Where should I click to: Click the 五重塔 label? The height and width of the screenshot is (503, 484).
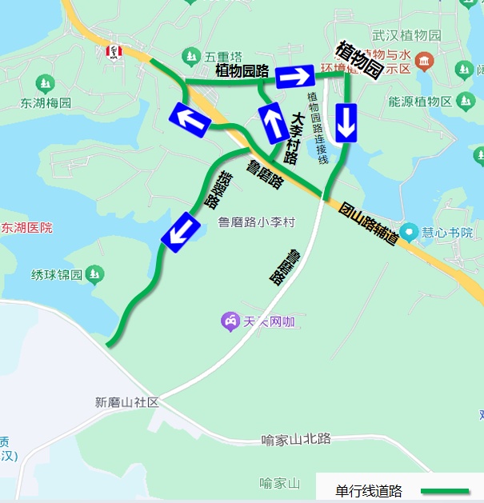(x=223, y=57)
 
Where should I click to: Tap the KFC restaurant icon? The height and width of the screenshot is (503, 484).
(x=114, y=53)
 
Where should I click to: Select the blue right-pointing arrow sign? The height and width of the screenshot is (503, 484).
(x=294, y=77)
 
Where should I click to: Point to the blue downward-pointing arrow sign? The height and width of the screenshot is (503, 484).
(x=346, y=122)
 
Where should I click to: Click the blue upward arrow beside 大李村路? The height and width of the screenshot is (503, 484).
(x=274, y=123)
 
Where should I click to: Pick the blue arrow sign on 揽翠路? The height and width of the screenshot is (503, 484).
(x=180, y=232)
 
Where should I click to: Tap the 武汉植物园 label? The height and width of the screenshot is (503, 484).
(x=406, y=35)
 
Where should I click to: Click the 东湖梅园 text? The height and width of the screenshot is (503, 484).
(x=46, y=103)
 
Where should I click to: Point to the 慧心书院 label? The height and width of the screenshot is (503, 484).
(x=449, y=232)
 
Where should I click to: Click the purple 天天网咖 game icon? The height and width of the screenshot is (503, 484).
(x=230, y=321)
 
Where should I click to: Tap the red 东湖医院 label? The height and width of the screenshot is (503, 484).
(x=26, y=228)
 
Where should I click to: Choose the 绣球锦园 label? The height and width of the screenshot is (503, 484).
(x=57, y=275)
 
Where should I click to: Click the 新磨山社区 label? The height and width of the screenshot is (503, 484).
(x=127, y=402)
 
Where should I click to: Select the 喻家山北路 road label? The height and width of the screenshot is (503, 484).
(x=295, y=439)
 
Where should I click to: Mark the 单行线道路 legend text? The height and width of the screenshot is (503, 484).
(x=369, y=491)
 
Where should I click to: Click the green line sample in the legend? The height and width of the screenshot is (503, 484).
(x=445, y=490)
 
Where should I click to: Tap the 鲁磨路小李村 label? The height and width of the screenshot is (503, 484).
(x=257, y=222)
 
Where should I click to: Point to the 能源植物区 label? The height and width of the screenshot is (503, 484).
(x=420, y=102)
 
